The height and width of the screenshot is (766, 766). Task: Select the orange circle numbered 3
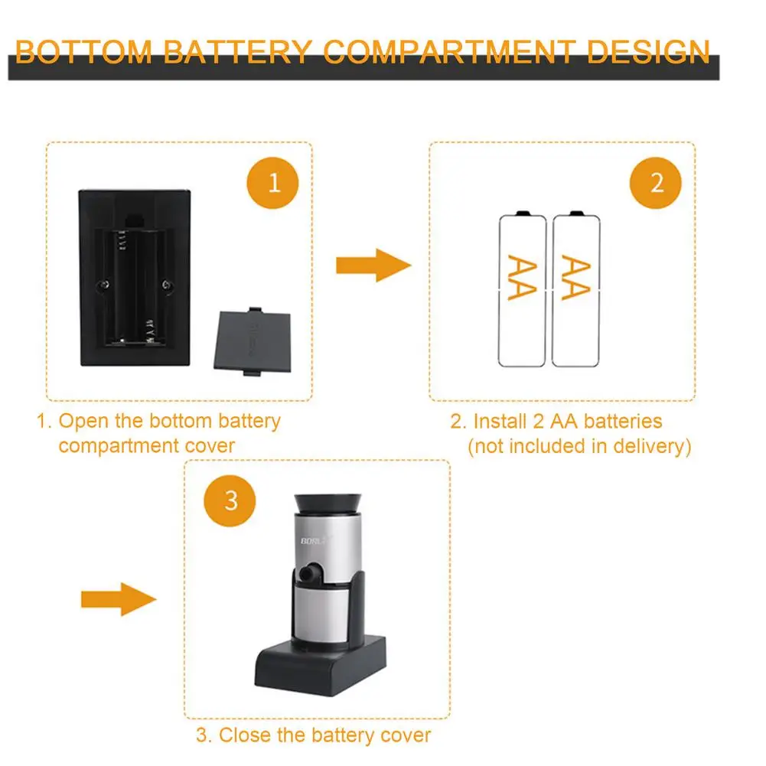(231, 501)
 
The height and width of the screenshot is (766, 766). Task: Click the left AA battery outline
(523, 288)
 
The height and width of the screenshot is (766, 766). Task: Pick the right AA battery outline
(576, 288)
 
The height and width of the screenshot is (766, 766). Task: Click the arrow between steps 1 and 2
(373, 266)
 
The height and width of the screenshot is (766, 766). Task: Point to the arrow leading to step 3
(119, 598)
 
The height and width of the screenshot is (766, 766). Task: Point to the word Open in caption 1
(82, 421)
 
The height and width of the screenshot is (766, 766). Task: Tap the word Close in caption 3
(246, 735)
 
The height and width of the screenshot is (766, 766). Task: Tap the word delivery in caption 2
(647, 446)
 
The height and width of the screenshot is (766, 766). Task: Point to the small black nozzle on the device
(309, 575)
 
